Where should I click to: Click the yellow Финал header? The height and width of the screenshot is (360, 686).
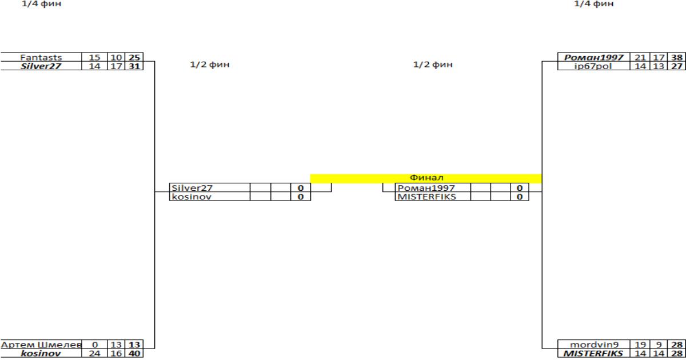[x=426, y=178]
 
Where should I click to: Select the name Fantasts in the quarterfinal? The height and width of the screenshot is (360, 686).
[x=41, y=57]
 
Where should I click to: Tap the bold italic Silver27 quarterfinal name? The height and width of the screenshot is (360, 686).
[x=41, y=66]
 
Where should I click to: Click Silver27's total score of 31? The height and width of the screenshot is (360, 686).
[x=134, y=66]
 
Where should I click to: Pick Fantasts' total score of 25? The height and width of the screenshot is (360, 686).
[x=134, y=57]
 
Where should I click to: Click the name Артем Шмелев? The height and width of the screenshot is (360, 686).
[x=41, y=345]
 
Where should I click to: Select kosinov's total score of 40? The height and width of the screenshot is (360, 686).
[x=134, y=354]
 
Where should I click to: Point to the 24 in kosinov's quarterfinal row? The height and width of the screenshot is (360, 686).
[x=94, y=354]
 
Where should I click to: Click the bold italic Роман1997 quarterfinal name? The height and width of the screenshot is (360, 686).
[x=594, y=57]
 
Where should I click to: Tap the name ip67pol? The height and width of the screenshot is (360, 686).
[x=593, y=66]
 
